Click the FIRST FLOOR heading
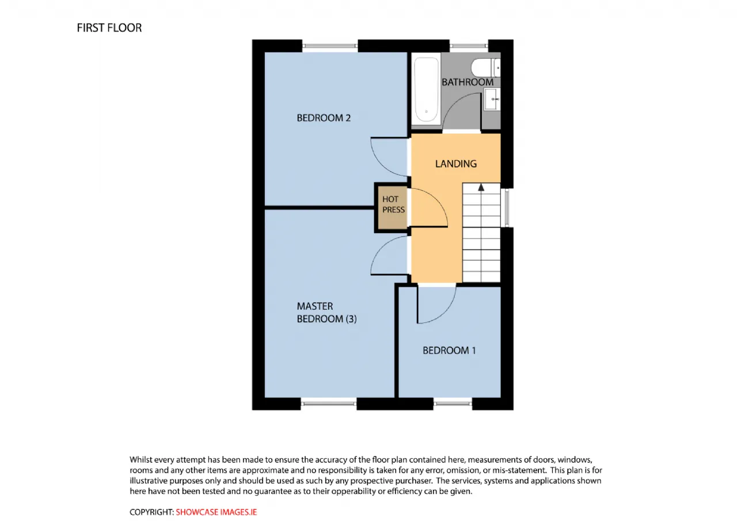[109, 28]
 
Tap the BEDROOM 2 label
[324, 118]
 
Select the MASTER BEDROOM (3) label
[326, 313]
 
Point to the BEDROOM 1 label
[449, 350]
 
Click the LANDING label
[455, 164]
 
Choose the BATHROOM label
[467, 82]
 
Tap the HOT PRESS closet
[392, 208]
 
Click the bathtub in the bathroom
[426, 89]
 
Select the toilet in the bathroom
[485, 68]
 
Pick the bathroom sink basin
[492, 99]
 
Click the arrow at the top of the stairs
[481, 188]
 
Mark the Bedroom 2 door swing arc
[382, 165]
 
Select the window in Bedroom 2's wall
[330, 46]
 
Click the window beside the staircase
[507, 208]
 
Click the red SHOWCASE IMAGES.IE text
[216, 512]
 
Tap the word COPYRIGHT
[151, 512]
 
